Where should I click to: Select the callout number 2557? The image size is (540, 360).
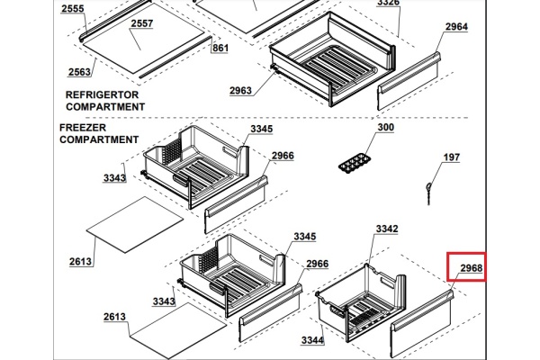pos(141,23)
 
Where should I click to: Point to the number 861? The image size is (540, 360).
pos(220,48)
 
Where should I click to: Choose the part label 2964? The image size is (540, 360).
pos(456,27)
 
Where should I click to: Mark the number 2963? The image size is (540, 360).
pos(240,91)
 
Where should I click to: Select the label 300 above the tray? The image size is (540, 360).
pos(385,128)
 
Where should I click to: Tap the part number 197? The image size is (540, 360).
pos(451,157)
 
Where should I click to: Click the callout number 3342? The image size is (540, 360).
pos(387,229)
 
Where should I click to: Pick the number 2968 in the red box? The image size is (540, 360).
pos(471,267)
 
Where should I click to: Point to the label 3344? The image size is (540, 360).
pos(313,340)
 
